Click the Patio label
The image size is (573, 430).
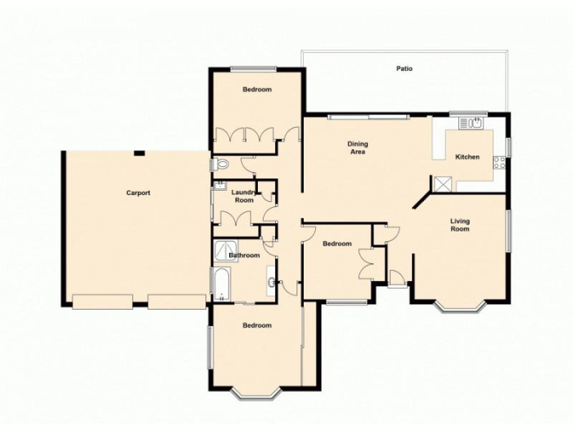[405, 70]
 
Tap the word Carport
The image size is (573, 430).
[138, 193]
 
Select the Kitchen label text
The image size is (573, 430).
[467, 157]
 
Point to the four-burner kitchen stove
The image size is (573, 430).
[499, 163]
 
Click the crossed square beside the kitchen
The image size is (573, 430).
[443, 183]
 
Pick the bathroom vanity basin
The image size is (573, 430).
[271, 282]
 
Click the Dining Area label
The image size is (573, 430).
[357, 148]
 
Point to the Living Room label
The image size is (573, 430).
[460, 225]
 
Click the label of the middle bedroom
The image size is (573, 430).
[337, 244]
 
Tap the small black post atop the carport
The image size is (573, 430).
[140, 153]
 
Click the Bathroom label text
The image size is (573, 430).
[244, 255]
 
